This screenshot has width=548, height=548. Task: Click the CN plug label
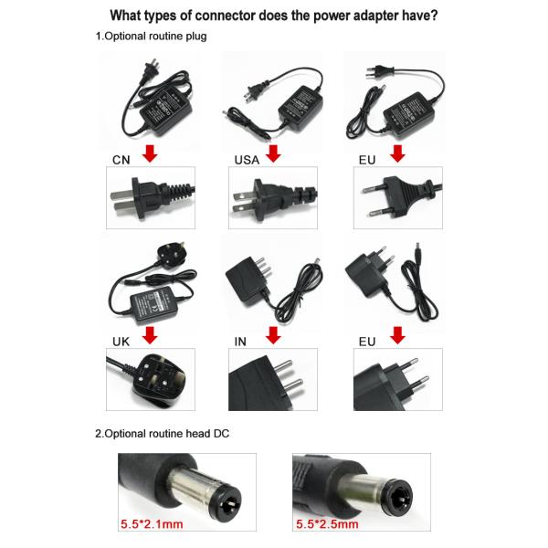(121, 160)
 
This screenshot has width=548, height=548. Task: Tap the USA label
(247, 160)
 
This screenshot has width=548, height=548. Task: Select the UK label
(121, 342)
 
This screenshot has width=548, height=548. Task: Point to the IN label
(240, 342)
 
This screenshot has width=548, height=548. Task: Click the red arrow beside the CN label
(150, 153)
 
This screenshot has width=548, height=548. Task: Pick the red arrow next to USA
(273, 153)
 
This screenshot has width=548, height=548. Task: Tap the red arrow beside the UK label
(150, 335)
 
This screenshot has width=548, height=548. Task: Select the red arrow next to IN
(273, 335)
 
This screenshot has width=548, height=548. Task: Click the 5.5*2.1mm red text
(152, 524)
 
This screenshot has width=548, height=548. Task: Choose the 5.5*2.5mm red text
(327, 524)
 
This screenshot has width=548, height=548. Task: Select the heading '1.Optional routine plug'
(151, 37)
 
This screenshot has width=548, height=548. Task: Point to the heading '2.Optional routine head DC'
(163, 434)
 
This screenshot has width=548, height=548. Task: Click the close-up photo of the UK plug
(151, 379)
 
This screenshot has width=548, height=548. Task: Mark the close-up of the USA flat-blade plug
(273, 198)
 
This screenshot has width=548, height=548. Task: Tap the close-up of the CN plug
(151, 198)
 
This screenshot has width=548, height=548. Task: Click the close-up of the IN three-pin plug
(273, 379)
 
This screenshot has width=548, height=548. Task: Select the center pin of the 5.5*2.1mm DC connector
(231, 504)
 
